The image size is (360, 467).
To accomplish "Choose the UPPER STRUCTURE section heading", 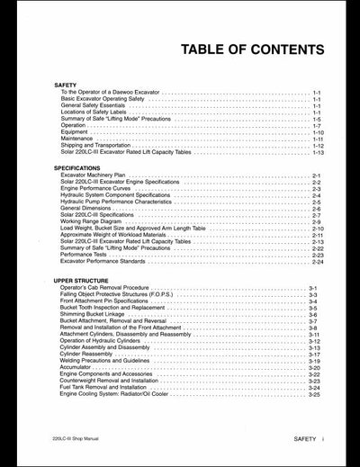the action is pos(79,282).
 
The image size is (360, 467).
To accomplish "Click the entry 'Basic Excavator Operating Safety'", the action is pos(105,99).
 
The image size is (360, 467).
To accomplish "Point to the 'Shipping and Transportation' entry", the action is pos(98,146).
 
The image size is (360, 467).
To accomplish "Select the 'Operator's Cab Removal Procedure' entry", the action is pos(107,289).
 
